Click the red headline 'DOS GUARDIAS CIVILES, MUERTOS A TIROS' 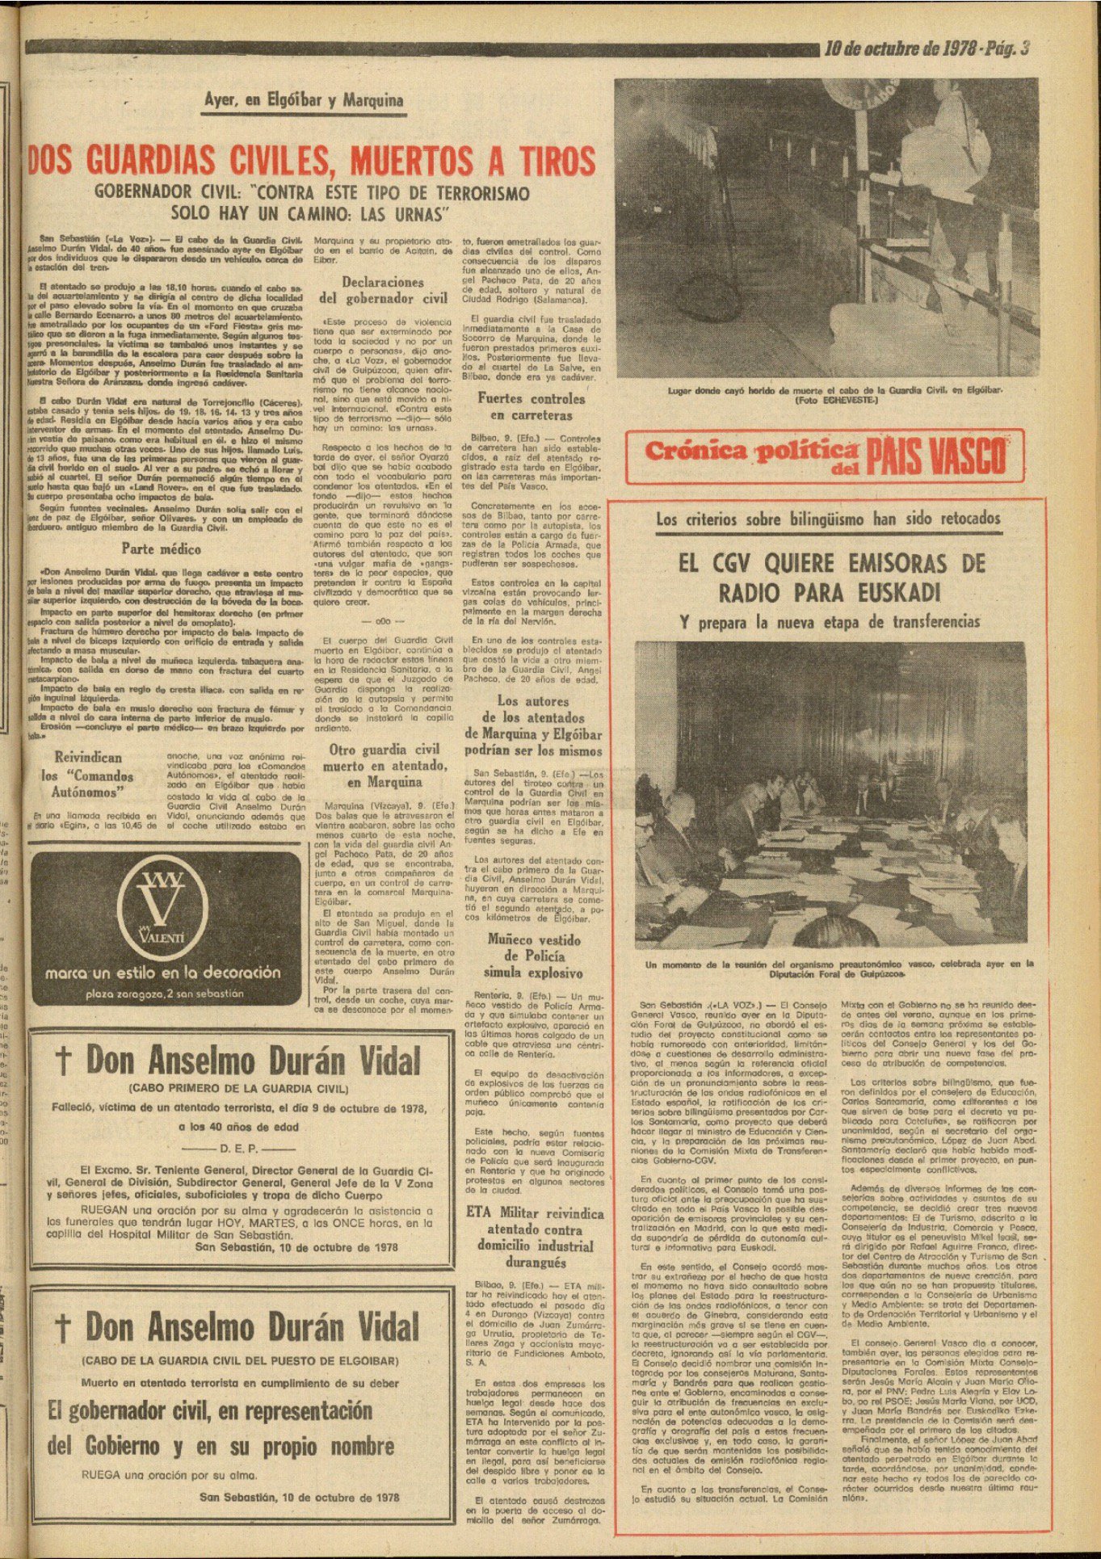pyautogui.click(x=312, y=160)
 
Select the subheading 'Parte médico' pyautogui.click(x=161, y=549)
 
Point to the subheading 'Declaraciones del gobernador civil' pyautogui.click(x=382, y=290)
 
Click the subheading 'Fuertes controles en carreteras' pyautogui.click(x=531, y=406)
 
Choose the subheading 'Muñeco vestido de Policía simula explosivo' pyautogui.click(x=533, y=956)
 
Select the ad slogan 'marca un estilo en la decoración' pyautogui.click(x=163, y=973)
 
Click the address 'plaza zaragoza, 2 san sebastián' pyautogui.click(x=164, y=994)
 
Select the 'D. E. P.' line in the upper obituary pyautogui.click(x=239, y=1148)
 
